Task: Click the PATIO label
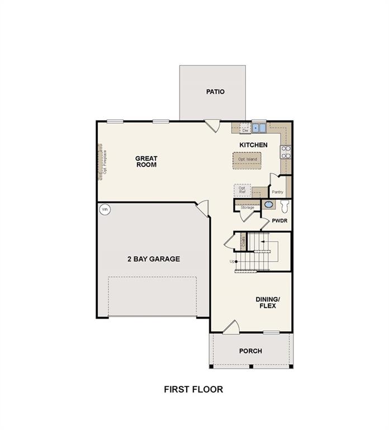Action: (x=215, y=91)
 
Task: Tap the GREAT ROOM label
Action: (x=146, y=162)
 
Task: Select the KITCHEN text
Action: (x=253, y=145)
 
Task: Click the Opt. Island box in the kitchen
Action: (x=248, y=160)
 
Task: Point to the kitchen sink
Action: (x=259, y=128)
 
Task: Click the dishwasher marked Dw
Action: (x=245, y=129)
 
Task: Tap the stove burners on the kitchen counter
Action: (x=285, y=152)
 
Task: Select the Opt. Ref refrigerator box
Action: (x=242, y=191)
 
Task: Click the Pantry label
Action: (x=278, y=191)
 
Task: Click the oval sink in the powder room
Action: (x=268, y=205)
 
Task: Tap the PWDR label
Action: (x=279, y=221)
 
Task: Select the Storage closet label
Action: (x=247, y=208)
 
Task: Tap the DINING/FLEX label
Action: (x=267, y=303)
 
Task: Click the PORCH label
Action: (x=250, y=351)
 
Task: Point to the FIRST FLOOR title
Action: (x=193, y=389)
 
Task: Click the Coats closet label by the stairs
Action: (x=243, y=242)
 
